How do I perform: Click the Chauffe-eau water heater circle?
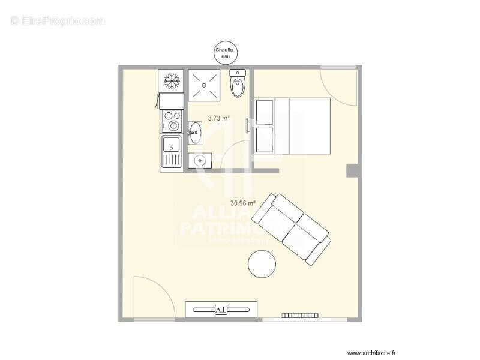[x=227, y=53]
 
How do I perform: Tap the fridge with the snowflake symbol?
[x=171, y=81]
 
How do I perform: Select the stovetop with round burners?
[x=172, y=121]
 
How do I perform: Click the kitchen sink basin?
[x=172, y=146]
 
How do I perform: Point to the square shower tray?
[x=205, y=85]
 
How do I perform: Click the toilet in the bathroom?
[x=238, y=83]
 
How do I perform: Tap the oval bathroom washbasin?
[x=195, y=133]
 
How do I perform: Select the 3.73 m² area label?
[x=219, y=118]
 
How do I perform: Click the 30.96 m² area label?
[x=243, y=203]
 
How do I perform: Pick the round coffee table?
[x=262, y=263]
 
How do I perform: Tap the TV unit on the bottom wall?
[x=221, y=309]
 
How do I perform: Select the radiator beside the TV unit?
[x=299, y=315]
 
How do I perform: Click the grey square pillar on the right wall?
[x=353, y=170]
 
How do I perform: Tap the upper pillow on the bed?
[x=265, y=112]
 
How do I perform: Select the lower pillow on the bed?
[x=265, y=140]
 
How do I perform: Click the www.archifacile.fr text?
[x=376, y=353]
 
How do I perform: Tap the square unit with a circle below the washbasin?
[x=200, y=160]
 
